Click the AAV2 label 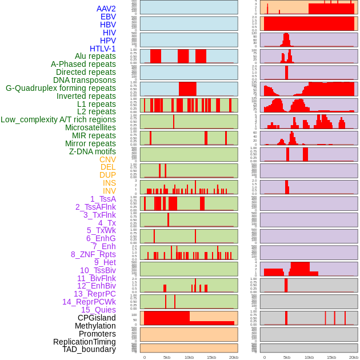[x=106, y=9]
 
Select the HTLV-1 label [x=102, y=49]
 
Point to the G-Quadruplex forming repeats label [x=61, y=88]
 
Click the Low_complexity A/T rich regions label [x=58, y=119]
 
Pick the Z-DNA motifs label [x=92, y=151]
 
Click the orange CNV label [x=107, y=159]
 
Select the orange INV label [x=109, y=191]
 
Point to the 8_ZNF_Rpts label [x=93, y=254]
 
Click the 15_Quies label [x=98, y=310]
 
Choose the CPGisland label [x=97, y=318]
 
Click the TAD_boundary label [x=89, y=349]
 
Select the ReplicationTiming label [x=84, y=342]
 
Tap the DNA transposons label [x=85, y=80]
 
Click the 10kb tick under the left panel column [x=189, y=357]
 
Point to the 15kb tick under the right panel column [x=331, y=357]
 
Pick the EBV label [x=108, y=17]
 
